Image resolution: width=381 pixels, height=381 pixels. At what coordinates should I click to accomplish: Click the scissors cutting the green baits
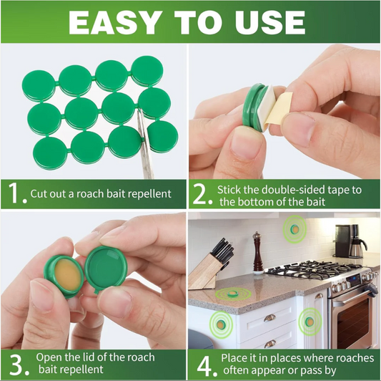(x=144, y=145)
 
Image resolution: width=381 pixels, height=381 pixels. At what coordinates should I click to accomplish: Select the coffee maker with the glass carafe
(x=351, y=241)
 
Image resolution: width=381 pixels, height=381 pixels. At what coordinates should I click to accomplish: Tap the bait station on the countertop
(x=233, y=294)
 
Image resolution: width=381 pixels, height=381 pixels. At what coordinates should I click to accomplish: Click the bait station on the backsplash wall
(x=295, y=229)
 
